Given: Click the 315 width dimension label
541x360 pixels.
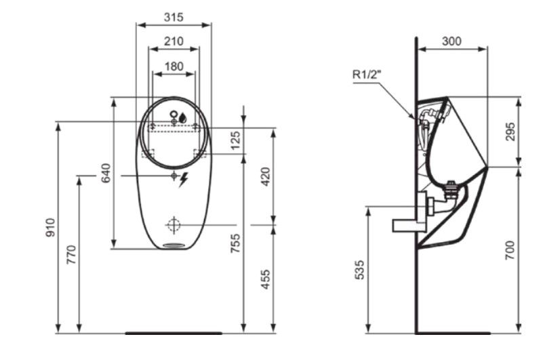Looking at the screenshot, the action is coord(174,17).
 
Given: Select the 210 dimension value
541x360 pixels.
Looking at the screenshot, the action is coord(174,41).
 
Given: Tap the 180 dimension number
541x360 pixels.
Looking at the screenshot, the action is coord(174,66).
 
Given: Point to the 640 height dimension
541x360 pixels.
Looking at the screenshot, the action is coord(106,173).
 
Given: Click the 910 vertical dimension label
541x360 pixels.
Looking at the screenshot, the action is coord(51,228).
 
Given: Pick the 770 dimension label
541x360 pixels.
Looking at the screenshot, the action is coord(71,255).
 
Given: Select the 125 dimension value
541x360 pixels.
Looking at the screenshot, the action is coord(235,140).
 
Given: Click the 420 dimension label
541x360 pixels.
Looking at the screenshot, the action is coord(266,176).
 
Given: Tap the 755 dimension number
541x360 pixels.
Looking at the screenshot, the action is coord(235,243).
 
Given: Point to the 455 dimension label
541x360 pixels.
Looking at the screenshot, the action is coord(265,279).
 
